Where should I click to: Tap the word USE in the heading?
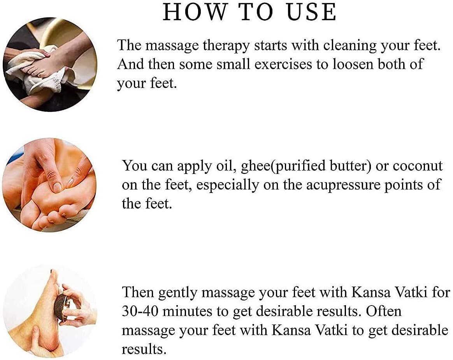click(311, 12)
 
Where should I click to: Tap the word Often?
click(384, 311)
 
